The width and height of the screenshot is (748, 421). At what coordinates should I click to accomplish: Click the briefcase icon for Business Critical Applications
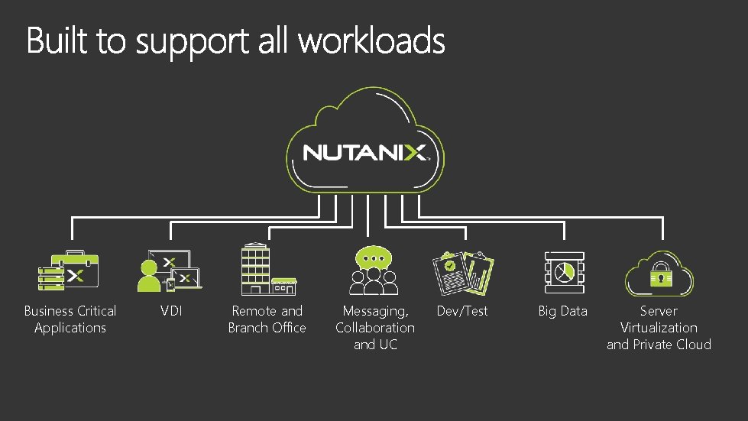pos(71,270)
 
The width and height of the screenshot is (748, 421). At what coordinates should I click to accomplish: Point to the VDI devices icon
pos(170,270)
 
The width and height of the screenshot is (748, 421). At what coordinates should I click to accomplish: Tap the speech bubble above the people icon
pos(373,255)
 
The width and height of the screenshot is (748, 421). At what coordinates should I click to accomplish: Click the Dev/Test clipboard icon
pos(462,273)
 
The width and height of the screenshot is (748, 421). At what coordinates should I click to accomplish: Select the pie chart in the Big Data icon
pos(565,271)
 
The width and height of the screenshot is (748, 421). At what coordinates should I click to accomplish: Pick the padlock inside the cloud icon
pos(658,276)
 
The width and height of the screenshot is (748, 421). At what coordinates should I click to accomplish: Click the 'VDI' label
pos(171,311)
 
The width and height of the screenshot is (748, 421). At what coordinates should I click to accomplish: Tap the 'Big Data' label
pos(563,311)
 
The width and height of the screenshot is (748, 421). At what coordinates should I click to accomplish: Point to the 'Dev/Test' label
pos(461,311)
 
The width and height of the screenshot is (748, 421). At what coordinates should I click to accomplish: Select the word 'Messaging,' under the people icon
pos(375,311)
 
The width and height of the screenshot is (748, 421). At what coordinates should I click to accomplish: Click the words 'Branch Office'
pos(267,328)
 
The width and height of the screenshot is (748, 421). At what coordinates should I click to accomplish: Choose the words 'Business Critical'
pos(70,311)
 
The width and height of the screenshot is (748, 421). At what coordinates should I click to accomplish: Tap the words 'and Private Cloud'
pos(659,345)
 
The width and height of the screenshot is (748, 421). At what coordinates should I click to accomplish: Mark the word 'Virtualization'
pos(659,328)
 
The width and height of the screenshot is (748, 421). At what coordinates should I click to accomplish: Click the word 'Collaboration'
pos(375,328)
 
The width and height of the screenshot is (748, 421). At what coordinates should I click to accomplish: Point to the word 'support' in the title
pos(193,41)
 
